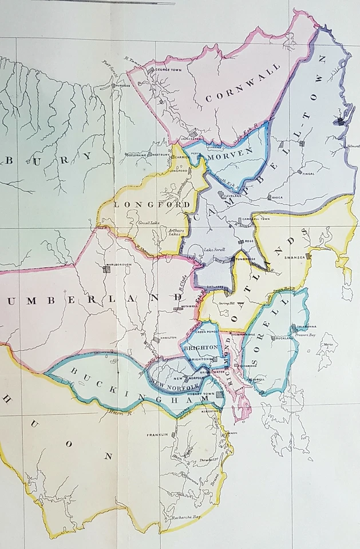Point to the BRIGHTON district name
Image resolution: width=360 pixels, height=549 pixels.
pyautogui.click(x=200, y=347)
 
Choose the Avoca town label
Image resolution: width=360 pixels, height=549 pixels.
pyautogui.click(x=280, y=198)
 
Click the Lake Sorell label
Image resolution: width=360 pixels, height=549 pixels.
pyautogui.click(x=215, y=250)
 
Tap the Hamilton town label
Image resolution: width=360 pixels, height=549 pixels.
pyautogui.click(x=168, y=337)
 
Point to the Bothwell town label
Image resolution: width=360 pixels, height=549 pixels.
pyautogui.click(x=189, y=306)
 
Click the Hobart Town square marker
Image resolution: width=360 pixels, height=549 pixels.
pyautogui.click(x=220, y=395)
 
